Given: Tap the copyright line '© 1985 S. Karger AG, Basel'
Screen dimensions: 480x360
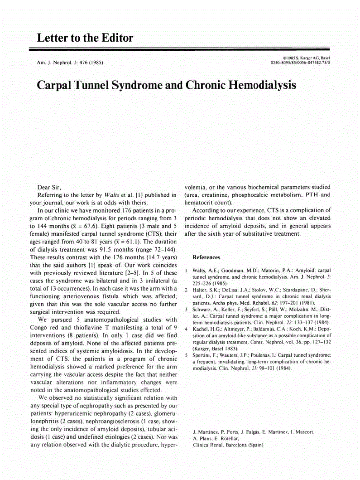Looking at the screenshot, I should tap(306, 58).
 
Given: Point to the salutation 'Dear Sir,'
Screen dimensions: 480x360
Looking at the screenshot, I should tap(48, 187).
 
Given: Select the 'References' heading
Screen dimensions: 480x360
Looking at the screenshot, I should tap(206, 257).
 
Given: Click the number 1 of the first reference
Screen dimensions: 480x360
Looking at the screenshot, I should tap(187, 270).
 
